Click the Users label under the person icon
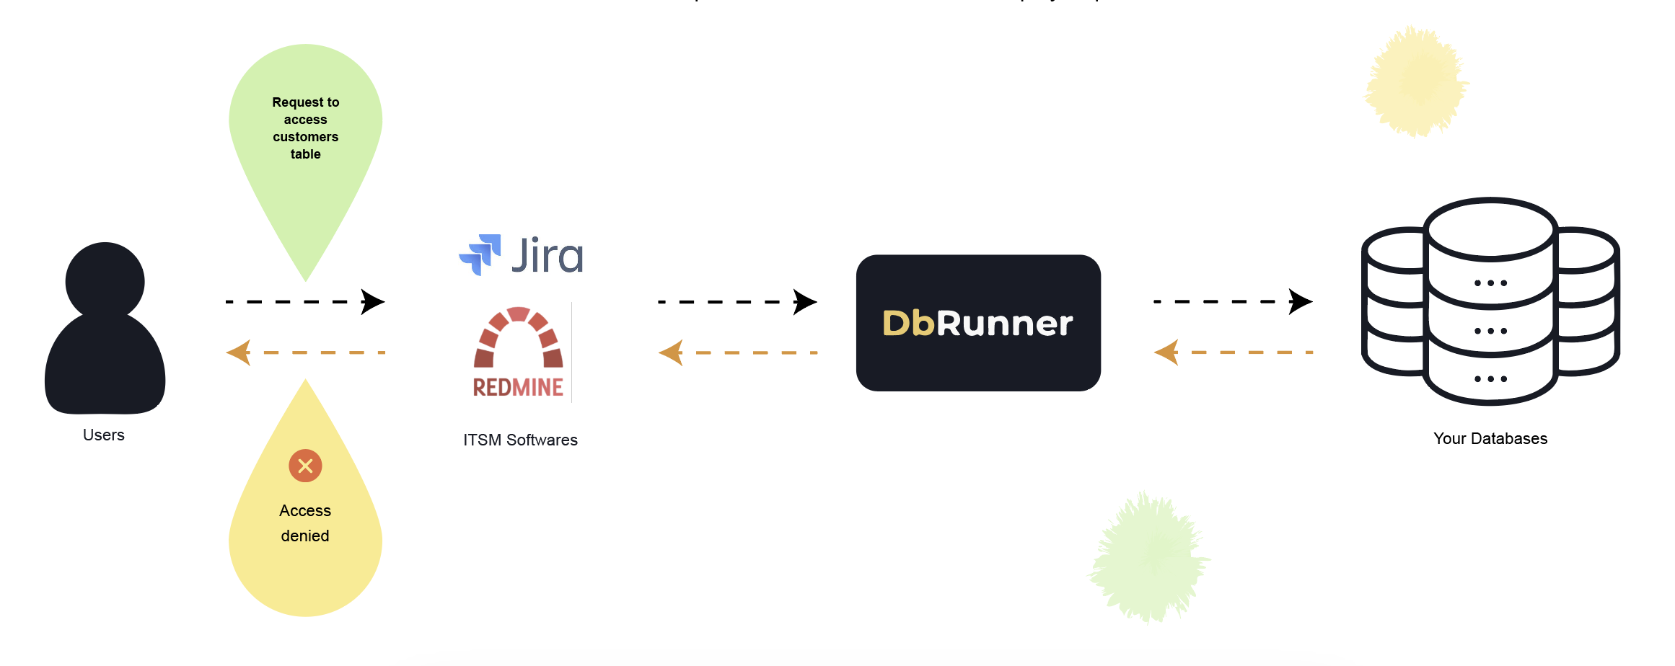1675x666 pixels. (x=104, y=435)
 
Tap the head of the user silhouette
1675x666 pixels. (x=105, y=280)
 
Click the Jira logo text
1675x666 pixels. (x=548, y=255)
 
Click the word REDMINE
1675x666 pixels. (x=518, y=388)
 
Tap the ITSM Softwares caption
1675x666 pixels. (x=520, y=440)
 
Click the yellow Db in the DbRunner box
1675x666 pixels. (x=909, y=323)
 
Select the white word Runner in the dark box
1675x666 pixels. (x=1005, y=323)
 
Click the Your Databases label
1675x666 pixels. (x=1490, y=438)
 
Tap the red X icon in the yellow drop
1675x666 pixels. (x=305, y=466)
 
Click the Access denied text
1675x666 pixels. (x=305, y=523)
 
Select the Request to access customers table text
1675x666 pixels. (x=306, y=128)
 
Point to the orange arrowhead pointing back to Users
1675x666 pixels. (x=239, y=352)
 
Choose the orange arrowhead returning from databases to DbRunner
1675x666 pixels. (x=1167, y=352)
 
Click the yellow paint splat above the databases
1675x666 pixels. (x=1416, y=82)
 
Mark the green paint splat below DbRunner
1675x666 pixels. (x=1148, y=557)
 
